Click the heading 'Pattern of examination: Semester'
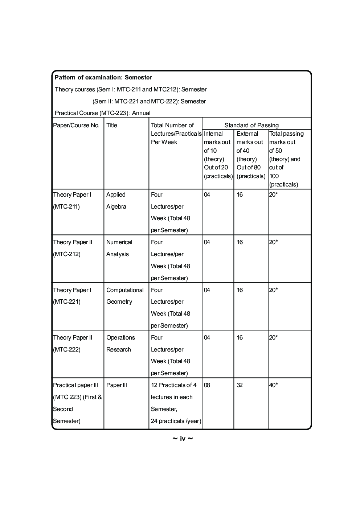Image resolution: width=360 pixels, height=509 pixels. (x=103, y=77)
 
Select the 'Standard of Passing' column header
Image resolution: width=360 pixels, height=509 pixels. (x=251, y=125)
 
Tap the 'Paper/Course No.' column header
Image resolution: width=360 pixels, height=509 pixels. (x=76, y=125)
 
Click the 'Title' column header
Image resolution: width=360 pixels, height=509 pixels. (x=112, y=125)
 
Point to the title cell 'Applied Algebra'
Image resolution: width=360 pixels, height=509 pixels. (x=116, y=200)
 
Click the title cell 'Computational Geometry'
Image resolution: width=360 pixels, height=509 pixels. (x=125, y=296)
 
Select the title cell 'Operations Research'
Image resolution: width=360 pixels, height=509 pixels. (x=120, y=343)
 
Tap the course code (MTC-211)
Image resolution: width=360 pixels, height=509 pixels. (x=66, y=206)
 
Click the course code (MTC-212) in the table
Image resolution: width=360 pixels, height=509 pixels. (x=67, y=254)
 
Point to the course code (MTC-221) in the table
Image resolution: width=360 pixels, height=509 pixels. (x=67, y=301)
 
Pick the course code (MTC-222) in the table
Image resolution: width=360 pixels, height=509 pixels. (x=67, y=349)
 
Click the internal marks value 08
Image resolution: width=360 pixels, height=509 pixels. (x=207, y=385)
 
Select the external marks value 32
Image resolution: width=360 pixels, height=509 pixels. (x=240, y=385)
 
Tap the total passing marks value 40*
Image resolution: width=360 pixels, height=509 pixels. (x=273, y=385)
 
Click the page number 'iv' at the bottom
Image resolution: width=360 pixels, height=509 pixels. (x=183, y=439)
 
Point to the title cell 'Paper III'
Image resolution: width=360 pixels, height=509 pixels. (x=117, y=385)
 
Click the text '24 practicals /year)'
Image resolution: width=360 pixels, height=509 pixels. (x=176, y=421)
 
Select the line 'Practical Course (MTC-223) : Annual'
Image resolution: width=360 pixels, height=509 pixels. (x=103, y=113)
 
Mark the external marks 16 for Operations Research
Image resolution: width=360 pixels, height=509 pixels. (x=240, y=337)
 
